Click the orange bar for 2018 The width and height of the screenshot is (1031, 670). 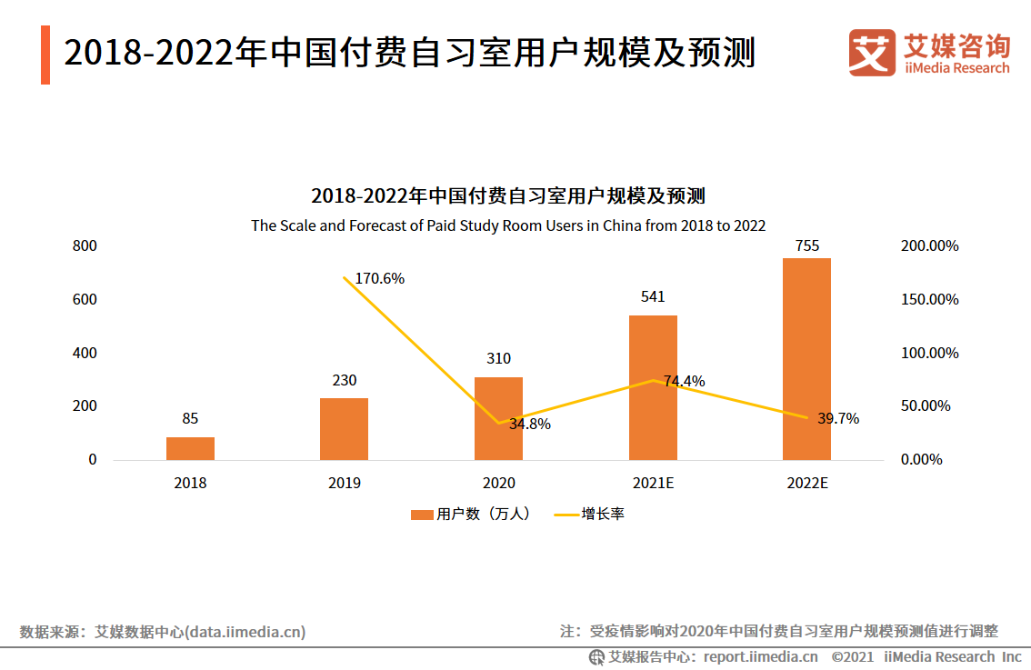[190, 448]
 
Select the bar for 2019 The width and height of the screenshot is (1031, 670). [344, 428]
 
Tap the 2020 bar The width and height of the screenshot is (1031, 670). [498, 418]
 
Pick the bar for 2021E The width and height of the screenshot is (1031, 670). [653, 387]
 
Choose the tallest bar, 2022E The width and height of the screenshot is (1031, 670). [806, 359]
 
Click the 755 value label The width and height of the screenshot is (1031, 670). [806, 245]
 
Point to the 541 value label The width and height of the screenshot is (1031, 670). [653, 296]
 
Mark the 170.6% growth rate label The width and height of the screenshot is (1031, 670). [379, 279]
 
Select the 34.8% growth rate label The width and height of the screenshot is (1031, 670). [529, 424]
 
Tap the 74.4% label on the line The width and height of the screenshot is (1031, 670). [684, 381]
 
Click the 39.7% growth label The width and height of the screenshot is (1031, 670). [837, 418]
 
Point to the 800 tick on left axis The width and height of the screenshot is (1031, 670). [85, 246]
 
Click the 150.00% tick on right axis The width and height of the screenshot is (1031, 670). [929, 299]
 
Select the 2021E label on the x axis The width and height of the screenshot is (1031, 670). [653, 483]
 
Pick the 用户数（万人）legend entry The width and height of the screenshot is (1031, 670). [470, 514]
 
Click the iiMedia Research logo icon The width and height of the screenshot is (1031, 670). [871, 52]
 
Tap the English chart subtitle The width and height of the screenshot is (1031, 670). [508, 225]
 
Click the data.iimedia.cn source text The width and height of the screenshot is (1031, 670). [245, 631]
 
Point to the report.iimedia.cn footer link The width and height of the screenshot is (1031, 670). [760, 656]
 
